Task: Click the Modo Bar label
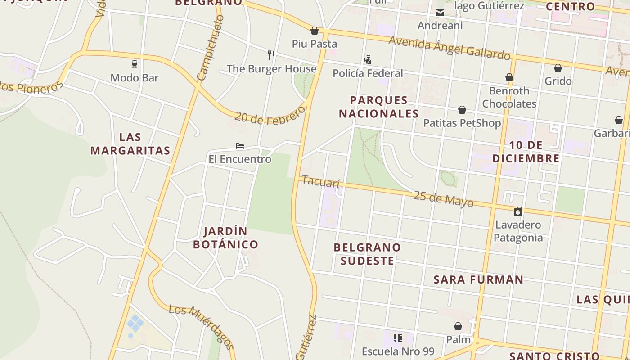pos(134,78)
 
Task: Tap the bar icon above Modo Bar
pos(134,64)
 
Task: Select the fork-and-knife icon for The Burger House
pos(271,55)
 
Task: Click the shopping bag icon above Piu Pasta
pos(315,31)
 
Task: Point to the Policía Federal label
pos(368,73)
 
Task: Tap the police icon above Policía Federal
pos(368,59)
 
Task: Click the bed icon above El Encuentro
pos(240,145)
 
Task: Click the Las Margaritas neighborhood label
pos(130,144)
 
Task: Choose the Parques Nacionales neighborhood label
pos(379,107)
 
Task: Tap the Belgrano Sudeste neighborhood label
pos(367,254)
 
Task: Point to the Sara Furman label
pos(478,279)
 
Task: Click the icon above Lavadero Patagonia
pos(518,211)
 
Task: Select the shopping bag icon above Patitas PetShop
pos(462,110)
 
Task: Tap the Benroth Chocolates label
pos(509,97)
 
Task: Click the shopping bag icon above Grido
pos(558,68)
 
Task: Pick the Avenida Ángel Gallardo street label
pos(450,48)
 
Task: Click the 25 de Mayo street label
pos(443,199)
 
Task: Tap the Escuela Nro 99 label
pos(398,351)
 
